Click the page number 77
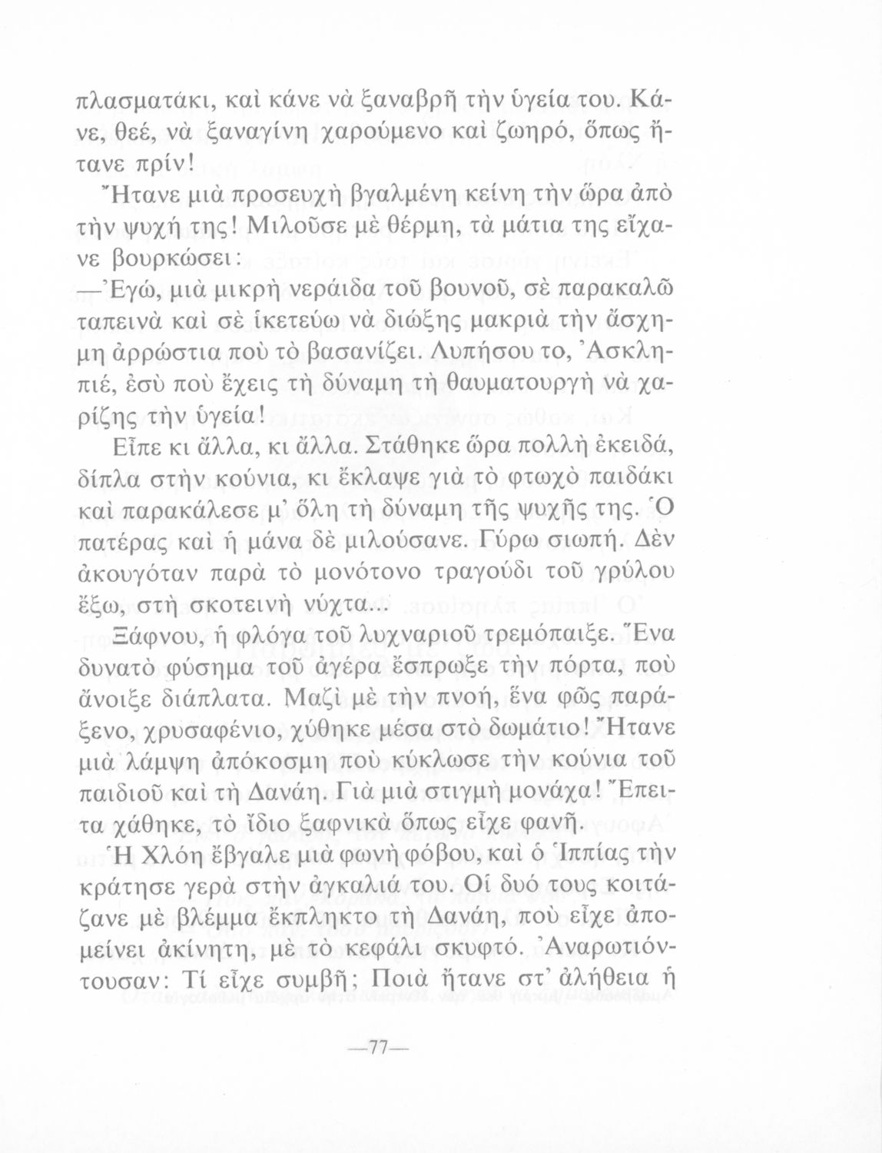pyautogui.click(x=378, y=1050)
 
